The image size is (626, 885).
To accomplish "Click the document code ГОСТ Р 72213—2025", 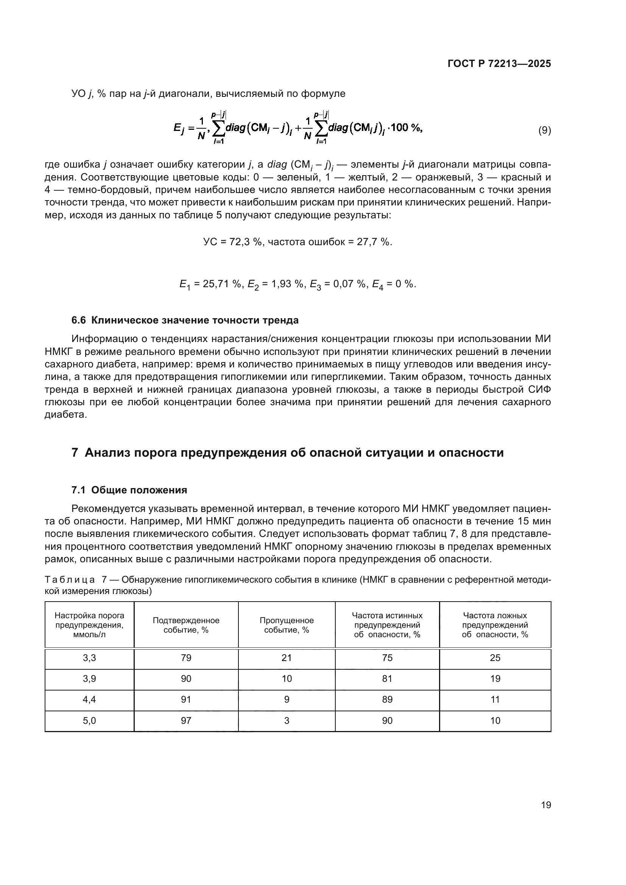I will click(x=499, y=64).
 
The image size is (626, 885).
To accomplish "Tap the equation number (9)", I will click(x=544, y=130).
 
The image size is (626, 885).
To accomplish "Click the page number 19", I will click(x=546, y=805).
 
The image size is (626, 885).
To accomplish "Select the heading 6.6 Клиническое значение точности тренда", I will click(x=185, y=320).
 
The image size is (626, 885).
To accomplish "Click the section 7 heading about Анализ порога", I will click(x=288, y=453).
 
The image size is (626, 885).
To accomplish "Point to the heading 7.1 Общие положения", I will click(x=129, y=490).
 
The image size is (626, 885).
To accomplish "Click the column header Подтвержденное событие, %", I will click(x=186, y=625).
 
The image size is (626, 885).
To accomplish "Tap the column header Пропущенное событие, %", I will click(x=287, y=625).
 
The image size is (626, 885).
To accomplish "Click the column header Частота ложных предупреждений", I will click(x=495, y=625).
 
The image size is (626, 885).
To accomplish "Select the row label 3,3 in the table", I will click(x=89, y=658).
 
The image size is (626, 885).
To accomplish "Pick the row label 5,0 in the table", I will click(x=89, y=720).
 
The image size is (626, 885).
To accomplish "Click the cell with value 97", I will click(x=186, y=720).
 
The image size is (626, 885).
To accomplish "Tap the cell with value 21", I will click(x=287, y=658).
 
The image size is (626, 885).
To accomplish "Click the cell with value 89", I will click(x=387, y=700).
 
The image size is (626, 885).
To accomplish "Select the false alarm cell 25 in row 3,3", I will click(x=495, y=658).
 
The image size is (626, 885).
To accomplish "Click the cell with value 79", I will click(x=186, y=658).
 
